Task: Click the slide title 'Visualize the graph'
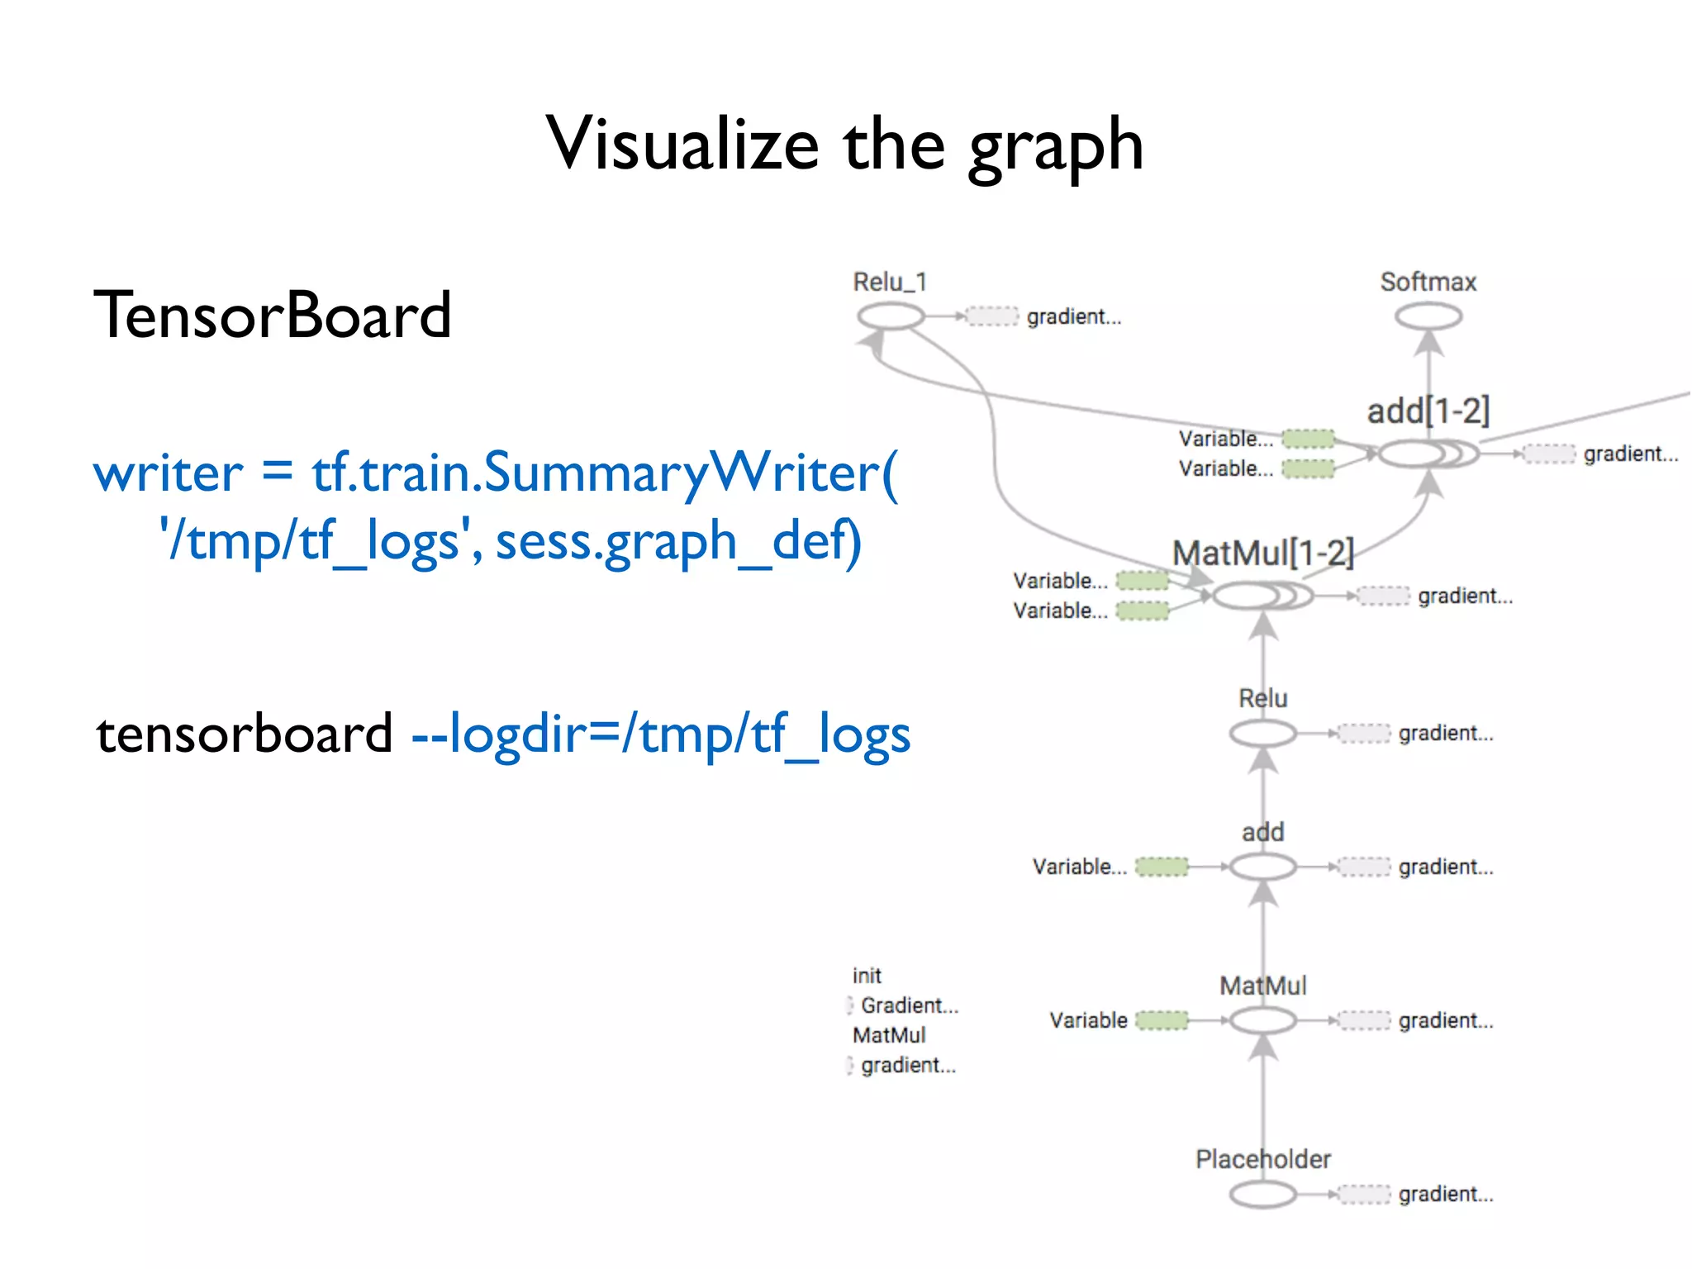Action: (x=844, y=145)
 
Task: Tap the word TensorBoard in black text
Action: (x=273, y=316)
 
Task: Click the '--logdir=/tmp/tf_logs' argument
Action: (x=661, y=734)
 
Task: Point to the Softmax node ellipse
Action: (x=1428, y=316)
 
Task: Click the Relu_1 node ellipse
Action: (x=891, y=316)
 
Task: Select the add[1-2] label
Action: (x=1428, y=411)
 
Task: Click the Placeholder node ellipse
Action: (x=1262, y=1194)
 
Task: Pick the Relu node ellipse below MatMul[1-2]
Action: (x=1262, y=733)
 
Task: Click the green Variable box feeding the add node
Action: (x=1162, y=867)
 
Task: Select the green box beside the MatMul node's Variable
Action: (x=1162, y=1020)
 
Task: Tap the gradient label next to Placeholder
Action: (x=1446, y=1194)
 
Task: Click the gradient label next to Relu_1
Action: (x=1074, y=317)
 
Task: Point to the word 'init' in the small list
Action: (x=867, y=976)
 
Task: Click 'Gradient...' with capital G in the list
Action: (x=909, y=1005)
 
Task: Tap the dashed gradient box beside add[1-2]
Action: (x=1549, y=454)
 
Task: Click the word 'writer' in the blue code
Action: (x=169, y=473)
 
